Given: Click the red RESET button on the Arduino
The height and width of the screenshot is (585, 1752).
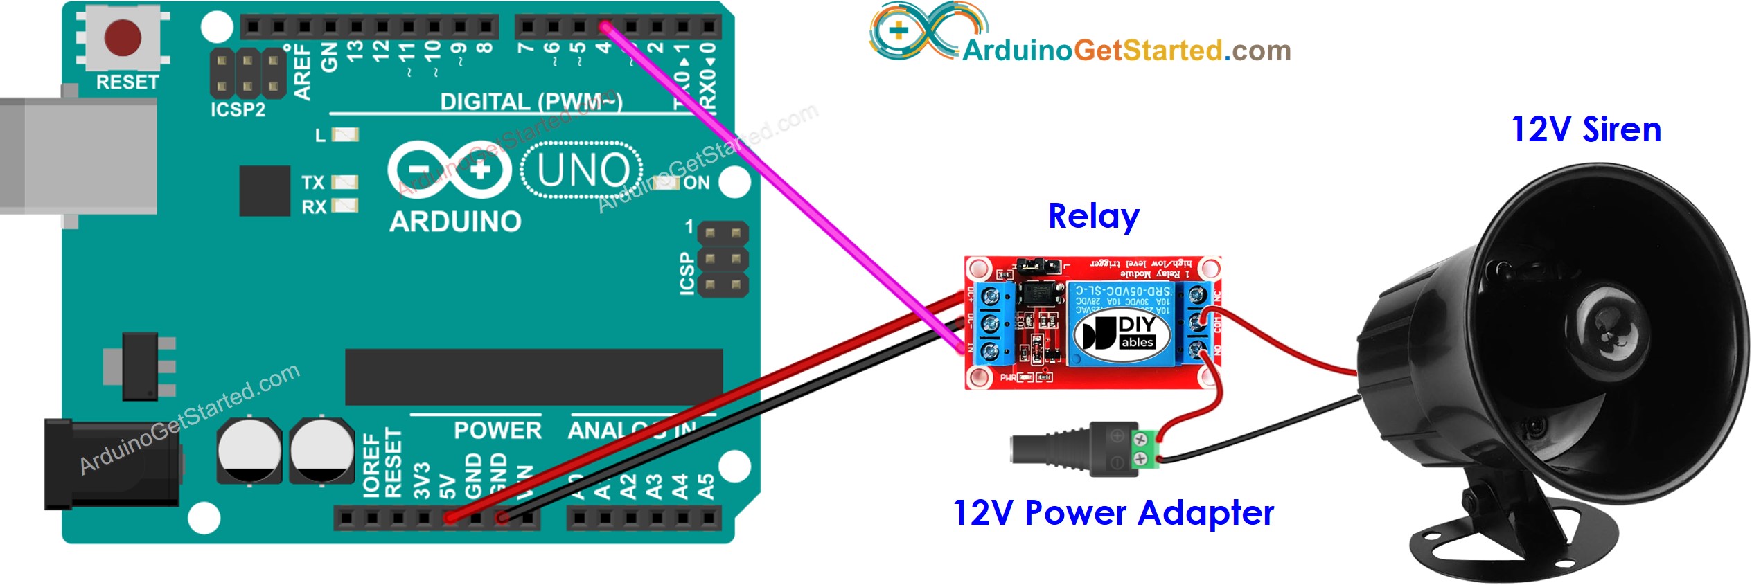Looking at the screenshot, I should click(x=123, y=38).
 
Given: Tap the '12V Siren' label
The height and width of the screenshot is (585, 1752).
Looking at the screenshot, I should click(x=1586, y=130).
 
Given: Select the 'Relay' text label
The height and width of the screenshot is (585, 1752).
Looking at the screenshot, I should click(x=1093, y=217).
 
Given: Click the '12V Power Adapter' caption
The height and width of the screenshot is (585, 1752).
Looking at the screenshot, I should click(x=1113, y=514).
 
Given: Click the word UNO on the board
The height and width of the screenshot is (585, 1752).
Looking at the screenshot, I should click(x=583, y=170).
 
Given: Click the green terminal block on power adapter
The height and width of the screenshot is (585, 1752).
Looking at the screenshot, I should click(x=1147, y=448).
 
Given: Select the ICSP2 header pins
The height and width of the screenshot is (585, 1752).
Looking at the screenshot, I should click(x=247, y=73).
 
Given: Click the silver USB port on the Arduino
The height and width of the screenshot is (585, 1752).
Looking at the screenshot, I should click(x=76, y=156).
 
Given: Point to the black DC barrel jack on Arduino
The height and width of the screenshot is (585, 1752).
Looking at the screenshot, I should click(x=111, y=463).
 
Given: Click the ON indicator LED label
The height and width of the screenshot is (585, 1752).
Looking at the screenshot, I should click(x=696, y=183).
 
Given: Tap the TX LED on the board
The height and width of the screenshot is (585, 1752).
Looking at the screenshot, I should click(x=344, y=182).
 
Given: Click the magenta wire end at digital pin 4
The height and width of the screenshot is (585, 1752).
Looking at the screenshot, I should click(x=605, y=28).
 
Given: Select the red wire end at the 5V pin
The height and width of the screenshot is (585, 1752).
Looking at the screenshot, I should click(x=451, y=517).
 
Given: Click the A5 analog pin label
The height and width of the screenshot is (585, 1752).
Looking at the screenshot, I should click(x=706, y=486).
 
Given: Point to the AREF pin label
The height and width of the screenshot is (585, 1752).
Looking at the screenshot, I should click(x=303, y=72).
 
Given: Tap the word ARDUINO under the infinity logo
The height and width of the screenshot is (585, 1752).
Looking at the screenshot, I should click(x=455, y=222).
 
